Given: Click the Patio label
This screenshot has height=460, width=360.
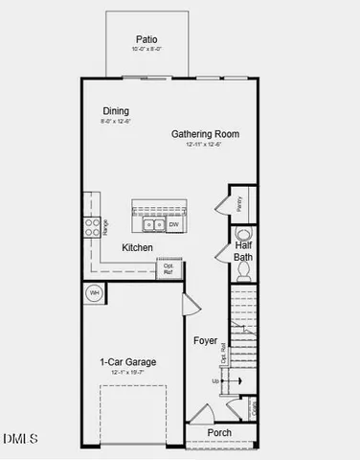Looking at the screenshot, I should point(146,40).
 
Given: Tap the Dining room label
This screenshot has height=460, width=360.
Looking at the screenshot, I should point(116,111).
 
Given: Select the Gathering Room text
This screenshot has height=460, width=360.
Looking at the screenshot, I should point(205,133).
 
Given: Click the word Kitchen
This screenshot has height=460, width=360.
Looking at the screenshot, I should point(138,248).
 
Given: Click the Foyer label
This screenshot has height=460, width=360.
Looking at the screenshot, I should point(205,340).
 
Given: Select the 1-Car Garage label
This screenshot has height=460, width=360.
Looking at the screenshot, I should point(128,362).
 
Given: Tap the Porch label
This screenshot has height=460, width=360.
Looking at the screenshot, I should point(219,432).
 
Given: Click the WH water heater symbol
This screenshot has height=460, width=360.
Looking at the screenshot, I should point(95,292).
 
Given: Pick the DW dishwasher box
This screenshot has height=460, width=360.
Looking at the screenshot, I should point(173,225).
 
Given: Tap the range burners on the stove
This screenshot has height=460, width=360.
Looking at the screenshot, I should point(94,226).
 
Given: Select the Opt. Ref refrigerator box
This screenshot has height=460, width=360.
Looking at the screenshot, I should point(169,268).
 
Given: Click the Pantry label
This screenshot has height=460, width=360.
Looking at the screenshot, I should point(239,203).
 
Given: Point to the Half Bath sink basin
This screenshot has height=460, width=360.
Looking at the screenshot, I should point(242,233).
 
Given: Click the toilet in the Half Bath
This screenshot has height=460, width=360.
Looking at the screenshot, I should point(242,271).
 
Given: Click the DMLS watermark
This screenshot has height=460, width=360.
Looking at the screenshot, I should point(20,439).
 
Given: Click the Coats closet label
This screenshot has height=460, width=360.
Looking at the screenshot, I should point(256,408).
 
